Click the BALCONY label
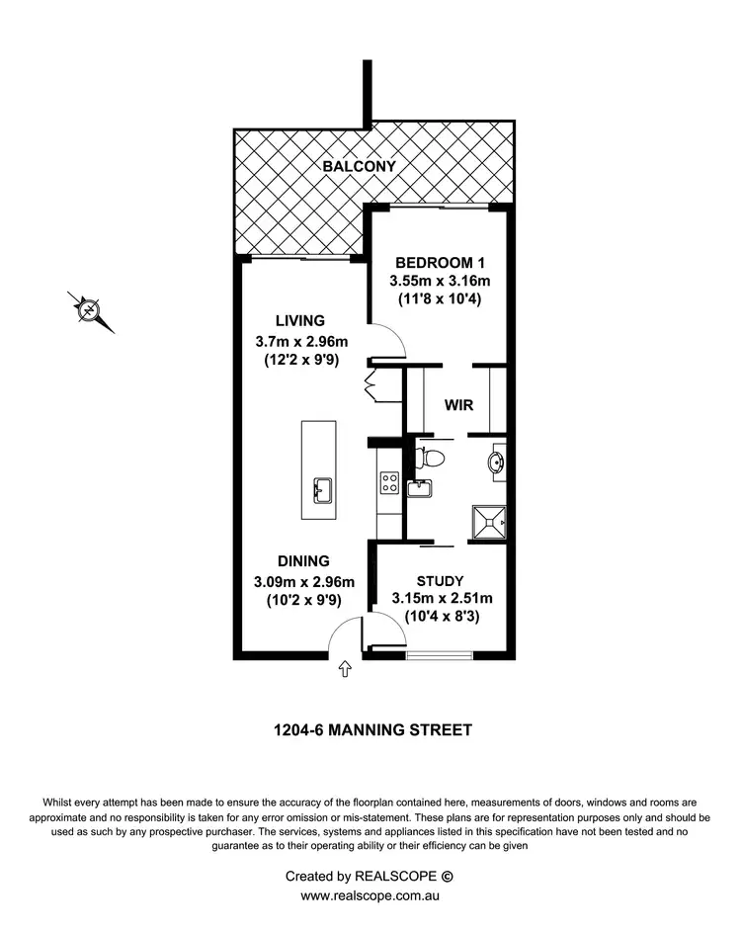[360, 166]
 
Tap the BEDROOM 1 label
[440, 263]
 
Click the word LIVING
[300, 321]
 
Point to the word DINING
[303, 560]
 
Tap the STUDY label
[441, 580]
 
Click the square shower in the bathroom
[489, 519]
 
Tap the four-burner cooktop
[388, 484]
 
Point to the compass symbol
[89, 310]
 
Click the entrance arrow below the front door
[345, 670]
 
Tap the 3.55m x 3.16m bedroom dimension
[440, 282]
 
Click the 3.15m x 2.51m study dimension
[442, 599]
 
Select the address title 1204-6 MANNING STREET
[371, 731]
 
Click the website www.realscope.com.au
[370, 895]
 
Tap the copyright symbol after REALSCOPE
[446, 876]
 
